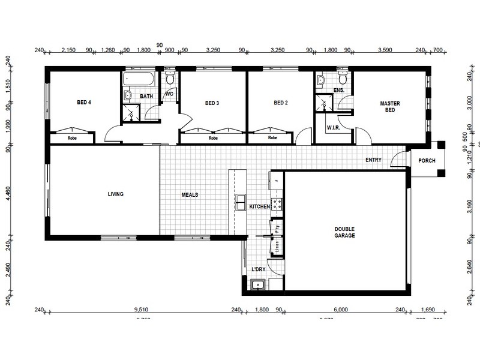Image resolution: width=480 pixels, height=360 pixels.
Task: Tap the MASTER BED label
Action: (x=389, y=107)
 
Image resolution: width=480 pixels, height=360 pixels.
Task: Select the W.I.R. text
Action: (x=333, y=128)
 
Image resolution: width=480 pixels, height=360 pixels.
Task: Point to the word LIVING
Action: (x=115, y=194)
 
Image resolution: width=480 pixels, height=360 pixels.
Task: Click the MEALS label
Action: (x=190, y=194)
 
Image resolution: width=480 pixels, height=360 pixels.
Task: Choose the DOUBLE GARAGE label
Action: (x=345, y=232)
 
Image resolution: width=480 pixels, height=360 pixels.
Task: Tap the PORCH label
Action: (x=427, y=160)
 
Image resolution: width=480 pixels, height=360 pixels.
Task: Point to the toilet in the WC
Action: (x=170, y=79)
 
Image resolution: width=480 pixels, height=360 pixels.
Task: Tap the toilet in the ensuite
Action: (x=343, y=79)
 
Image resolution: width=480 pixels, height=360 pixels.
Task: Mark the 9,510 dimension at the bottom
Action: (x=142, y=310)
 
